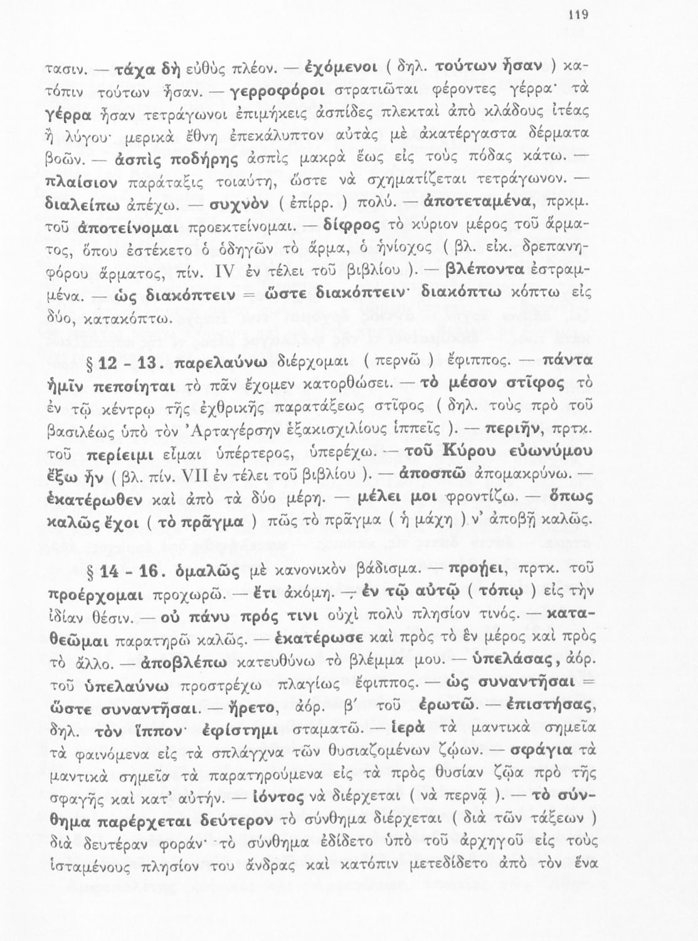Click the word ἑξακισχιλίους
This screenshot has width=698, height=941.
tap(346, 430)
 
